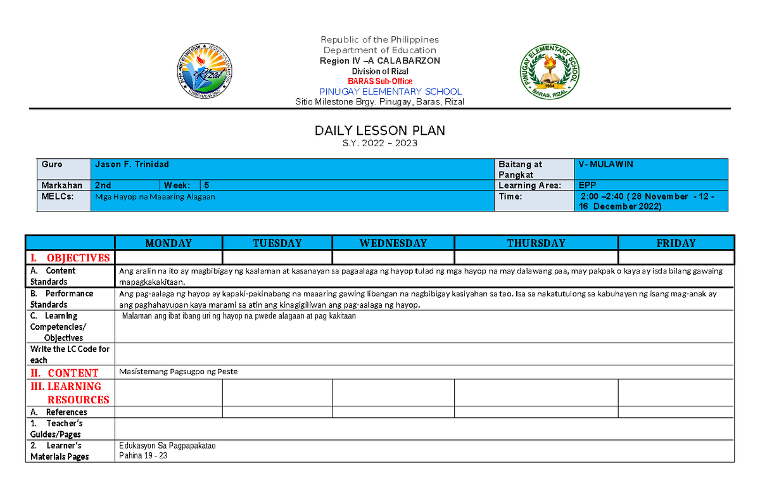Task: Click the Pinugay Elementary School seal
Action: tap(549, 73)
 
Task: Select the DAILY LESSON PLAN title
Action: tap(380, 130)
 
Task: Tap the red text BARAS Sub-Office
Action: tap(380, 81)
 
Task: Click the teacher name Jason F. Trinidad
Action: tap(132, 164)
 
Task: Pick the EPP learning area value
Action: tap(587, 186)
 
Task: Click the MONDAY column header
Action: tap(168, 243)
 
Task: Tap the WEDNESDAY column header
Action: tap(393, 243)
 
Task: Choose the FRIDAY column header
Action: tap(676, 243)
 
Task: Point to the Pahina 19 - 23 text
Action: tap(142, 456)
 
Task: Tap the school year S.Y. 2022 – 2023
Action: tap(380, 143)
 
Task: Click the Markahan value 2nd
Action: tap(103, 186)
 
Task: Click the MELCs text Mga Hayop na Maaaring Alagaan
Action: tap(155, 197)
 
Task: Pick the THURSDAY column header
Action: tap(536, 243)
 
